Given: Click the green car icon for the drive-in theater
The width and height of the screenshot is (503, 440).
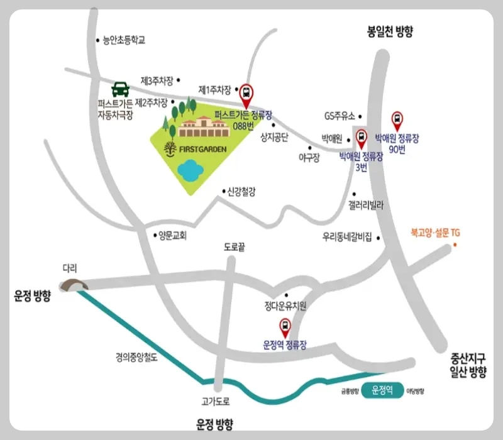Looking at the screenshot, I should [120, 89].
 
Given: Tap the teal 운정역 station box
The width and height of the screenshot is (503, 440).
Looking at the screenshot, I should [382, 390].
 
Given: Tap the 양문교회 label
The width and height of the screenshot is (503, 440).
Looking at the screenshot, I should [173, 236].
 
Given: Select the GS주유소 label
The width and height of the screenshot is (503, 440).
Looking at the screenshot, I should [340, 116].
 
